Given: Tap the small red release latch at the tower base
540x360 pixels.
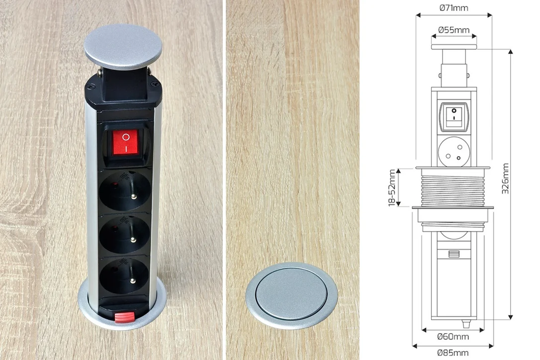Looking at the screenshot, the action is [124, 317].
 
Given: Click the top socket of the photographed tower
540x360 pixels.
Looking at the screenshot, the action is [125, 190].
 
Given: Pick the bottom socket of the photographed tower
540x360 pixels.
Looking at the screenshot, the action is [124, 276].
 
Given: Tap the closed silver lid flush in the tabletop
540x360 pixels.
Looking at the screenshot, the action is [292, 295].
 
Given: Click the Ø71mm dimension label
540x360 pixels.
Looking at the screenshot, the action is [453, 7].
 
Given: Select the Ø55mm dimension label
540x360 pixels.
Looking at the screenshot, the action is [454, 30].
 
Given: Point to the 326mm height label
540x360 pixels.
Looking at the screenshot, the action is [505, 179].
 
